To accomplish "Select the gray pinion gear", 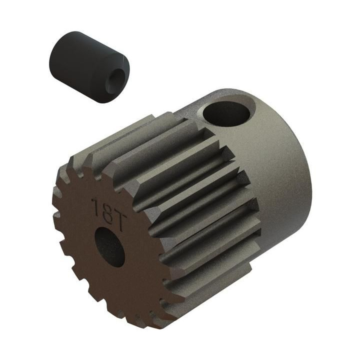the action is click(181, 206).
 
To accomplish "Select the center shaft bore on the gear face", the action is click(109, 247).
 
